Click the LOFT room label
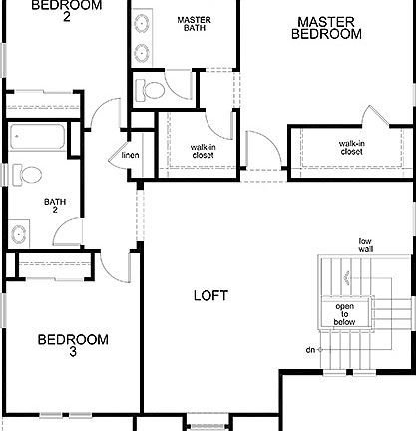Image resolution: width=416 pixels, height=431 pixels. [210, 296]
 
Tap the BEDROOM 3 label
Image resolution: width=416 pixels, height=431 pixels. [72, 345]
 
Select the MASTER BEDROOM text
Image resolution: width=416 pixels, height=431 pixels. [326, 27]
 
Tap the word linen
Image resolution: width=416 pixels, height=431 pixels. [130, 156]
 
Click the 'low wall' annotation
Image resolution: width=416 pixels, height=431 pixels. [365, 245]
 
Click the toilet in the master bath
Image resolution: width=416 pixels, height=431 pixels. [153, 92]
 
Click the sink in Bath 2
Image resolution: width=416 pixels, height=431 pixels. [19, 235]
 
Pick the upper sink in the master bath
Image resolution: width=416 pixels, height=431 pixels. [141, 25]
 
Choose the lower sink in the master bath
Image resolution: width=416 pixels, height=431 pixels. [141, 53]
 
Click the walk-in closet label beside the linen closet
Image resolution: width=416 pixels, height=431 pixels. [205, 151]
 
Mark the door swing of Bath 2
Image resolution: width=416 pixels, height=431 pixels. [66, 231]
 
